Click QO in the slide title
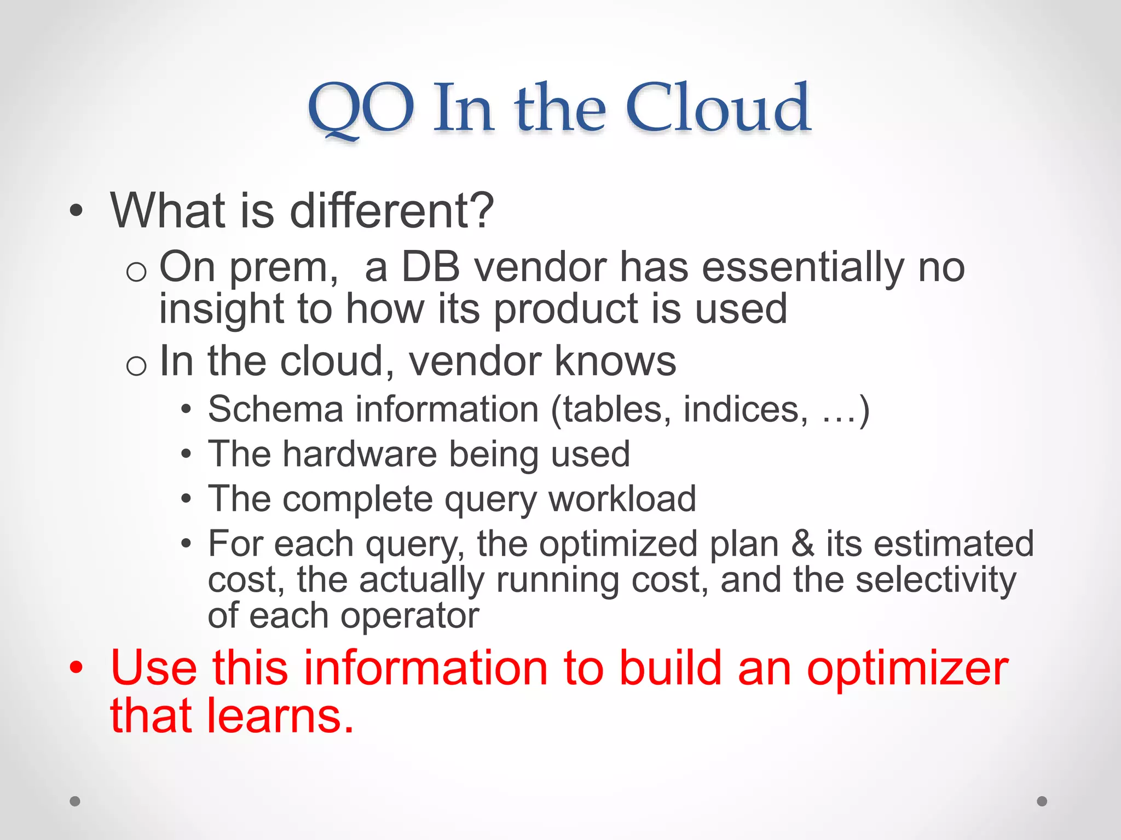point(361,109)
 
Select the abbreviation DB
point(430,267)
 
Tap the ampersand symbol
point(802,544)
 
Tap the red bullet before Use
point(76,668)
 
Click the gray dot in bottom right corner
point(1042,801)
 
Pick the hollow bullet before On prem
point(136,272)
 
